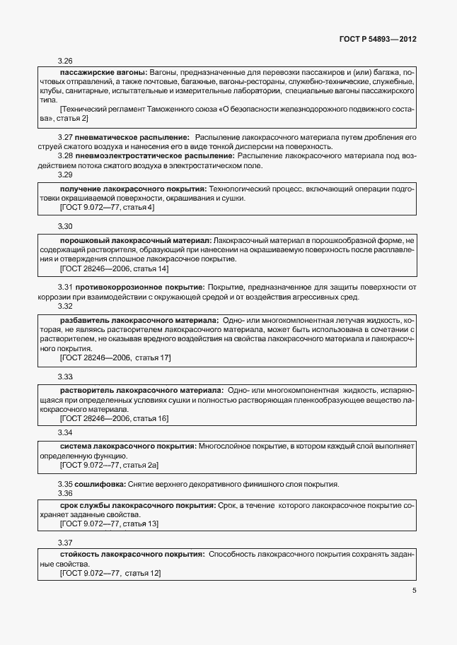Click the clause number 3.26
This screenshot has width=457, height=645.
(x=65, y=61)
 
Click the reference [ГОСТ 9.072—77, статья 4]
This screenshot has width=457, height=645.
(x=107, y=208)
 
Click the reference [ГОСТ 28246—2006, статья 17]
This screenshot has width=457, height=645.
(x=115, y=358)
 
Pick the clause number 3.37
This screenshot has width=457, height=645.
(x=65, y=543)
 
